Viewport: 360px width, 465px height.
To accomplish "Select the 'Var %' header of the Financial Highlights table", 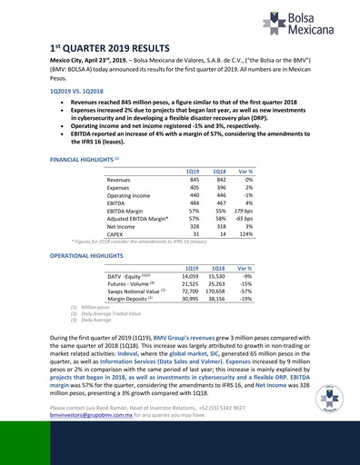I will point(245,171).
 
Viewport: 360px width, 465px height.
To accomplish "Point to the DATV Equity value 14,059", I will point(190,277).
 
